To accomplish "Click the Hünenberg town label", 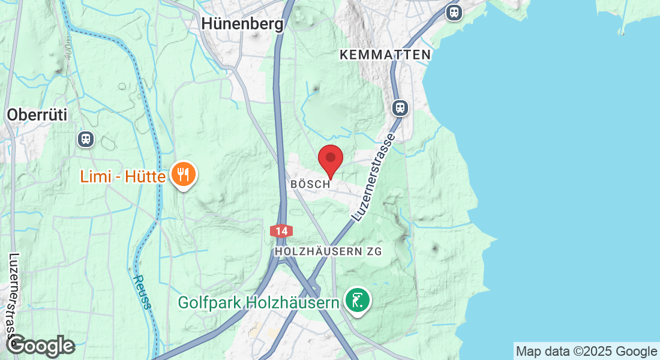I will pyautogui.click(x=242, y=23).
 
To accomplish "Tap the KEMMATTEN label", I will pyautogui.click(x=385, y=55).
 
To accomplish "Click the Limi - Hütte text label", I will pyautogui.click(x=124, y=176).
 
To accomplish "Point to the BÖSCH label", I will pyautogui.click(x=310, y=184).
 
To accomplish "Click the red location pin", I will pyautogui.click(x=330, y=160).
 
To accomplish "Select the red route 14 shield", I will pyautogui.click(x=281, y=230).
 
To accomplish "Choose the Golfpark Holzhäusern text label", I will pyautogui.click(x=259, y=302).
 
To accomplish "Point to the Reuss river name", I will pyautogui.click(x=142, y=292).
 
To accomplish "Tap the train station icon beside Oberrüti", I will pyautogui.click(x=86, y=139).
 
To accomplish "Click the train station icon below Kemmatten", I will pyautogui.click(x=400, y=108).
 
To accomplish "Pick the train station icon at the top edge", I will pyautogui.click(x=454, y=11).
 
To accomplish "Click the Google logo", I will pyautogui.click(x=41, y=346).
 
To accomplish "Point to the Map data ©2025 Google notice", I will pyautogui.click(x=586, y=352).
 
